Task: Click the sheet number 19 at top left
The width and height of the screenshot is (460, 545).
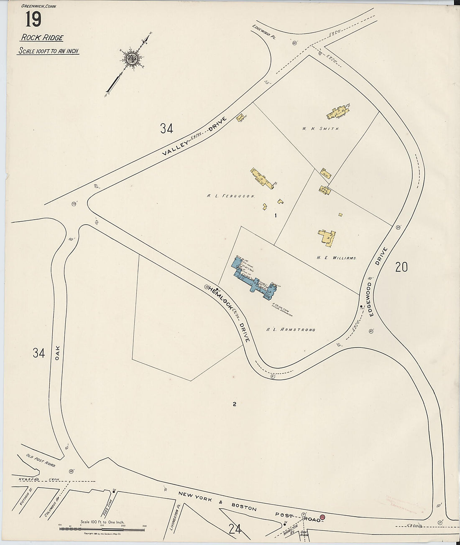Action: click(33, 20)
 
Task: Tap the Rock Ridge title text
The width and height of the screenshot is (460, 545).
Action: click(42, 38)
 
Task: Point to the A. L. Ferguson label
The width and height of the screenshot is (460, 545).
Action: click(230, 195)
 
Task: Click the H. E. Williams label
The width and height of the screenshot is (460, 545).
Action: click(337, 258)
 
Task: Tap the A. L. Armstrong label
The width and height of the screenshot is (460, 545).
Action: click(291, 330)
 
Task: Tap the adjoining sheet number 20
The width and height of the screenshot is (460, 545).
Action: click(401, 267)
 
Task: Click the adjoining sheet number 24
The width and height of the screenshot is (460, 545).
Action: click(235, 529)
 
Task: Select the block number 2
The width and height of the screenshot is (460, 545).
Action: click(235, 404)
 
